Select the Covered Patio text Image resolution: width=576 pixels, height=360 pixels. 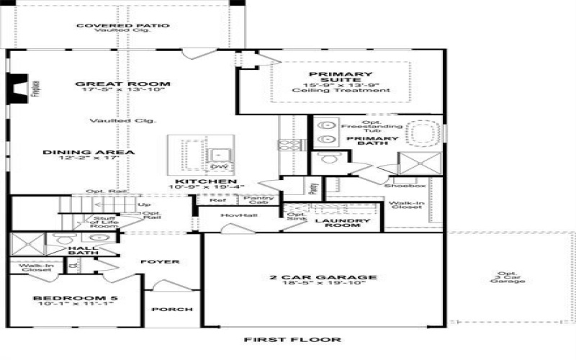[122, 25]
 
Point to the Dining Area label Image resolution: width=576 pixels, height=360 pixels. [89, 152]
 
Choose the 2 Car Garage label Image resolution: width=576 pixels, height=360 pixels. [323, 277]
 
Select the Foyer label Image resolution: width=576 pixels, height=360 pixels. [160, 261]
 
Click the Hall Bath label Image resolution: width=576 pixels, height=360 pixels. [83, 250]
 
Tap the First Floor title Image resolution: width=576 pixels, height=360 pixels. [292, 339]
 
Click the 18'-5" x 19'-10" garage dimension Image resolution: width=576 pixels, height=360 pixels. [323, 284]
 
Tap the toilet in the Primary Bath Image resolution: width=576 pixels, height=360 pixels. [330, 158]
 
